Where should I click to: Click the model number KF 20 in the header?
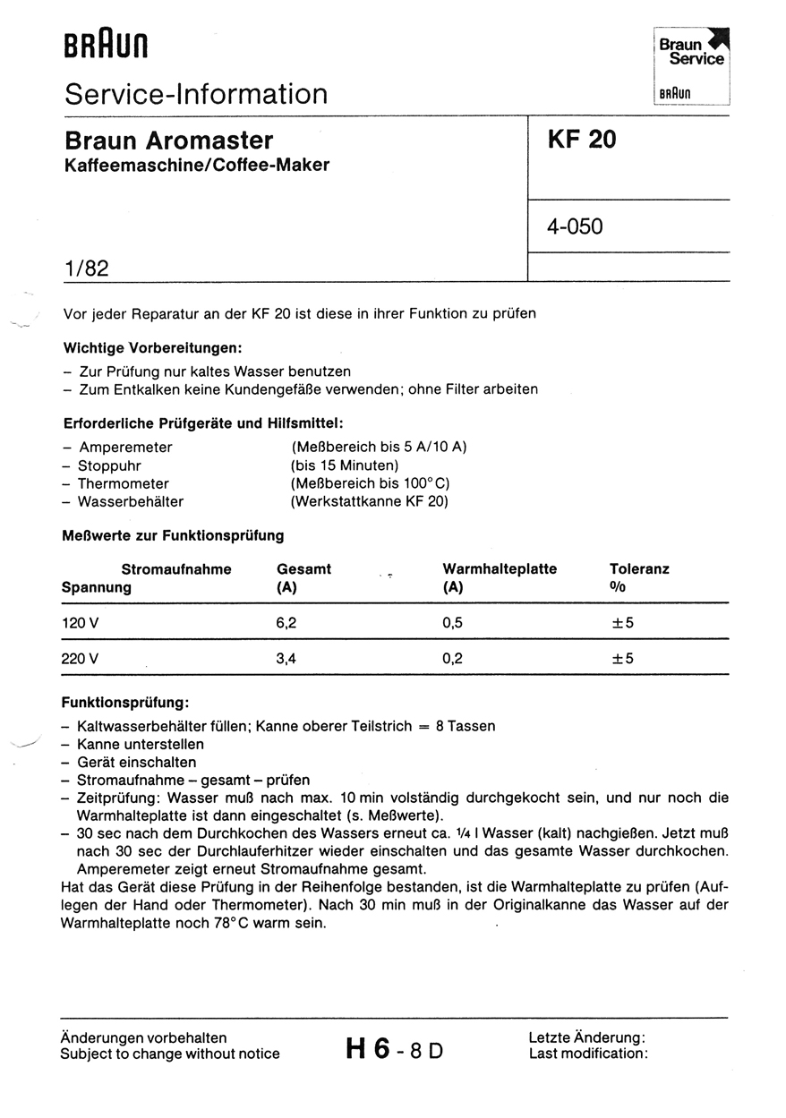coord(582,140)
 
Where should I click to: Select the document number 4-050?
coord(575,226)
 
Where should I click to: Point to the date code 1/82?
coord(86,267)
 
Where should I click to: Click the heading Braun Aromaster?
coord(168,141)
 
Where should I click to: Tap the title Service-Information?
coord(196,94)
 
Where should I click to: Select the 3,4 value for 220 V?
coord(286,659)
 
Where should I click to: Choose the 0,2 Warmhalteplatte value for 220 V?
coord(453,659)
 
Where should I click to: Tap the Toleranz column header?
coord(639,568)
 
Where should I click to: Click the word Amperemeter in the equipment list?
coord(125,447)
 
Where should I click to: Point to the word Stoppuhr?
coord(109,465)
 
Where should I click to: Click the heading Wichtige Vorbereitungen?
coord(153,347)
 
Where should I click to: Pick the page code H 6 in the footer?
coord(367,1048)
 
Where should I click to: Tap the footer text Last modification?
coord(587,1054)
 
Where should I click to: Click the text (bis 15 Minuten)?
coord(345,465)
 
